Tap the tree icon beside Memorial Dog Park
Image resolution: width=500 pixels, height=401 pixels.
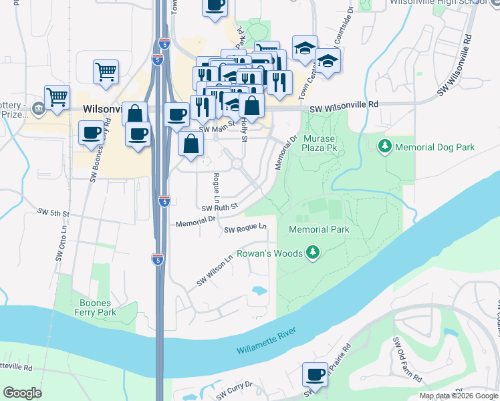coord(385,146)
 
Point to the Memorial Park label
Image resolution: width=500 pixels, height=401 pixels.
coord(319,229)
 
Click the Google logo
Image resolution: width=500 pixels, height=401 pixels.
coord(23,393)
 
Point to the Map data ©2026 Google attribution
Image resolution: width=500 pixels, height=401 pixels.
coord(459,396)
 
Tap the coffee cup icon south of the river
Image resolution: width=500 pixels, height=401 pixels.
coord(315,375)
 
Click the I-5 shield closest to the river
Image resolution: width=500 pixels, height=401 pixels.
coord(158,260)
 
